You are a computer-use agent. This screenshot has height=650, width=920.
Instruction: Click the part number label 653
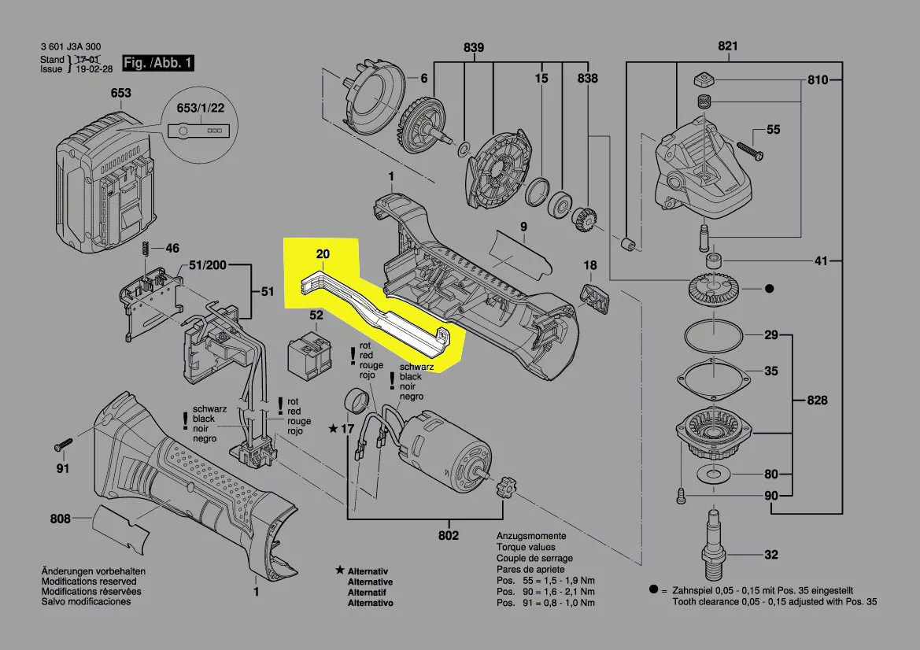click(120, 94)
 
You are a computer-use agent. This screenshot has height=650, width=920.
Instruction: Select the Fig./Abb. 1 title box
click(157, 63)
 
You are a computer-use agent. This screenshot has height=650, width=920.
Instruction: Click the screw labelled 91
click(62, 446)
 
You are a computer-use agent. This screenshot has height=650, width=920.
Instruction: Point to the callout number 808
click(61, 519)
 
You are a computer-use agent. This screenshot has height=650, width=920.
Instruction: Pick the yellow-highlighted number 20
click(323, 254)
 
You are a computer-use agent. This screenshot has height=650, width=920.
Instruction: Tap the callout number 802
click(449, 536)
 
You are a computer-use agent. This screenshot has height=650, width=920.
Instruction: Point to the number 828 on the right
click(818, 401)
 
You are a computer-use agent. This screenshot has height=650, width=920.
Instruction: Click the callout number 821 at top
click(728, 47)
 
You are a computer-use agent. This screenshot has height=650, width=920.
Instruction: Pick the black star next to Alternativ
click(339, 570)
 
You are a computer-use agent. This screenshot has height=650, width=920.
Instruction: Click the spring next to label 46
click(145, 248)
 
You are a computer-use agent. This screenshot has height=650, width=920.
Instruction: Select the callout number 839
click(473, 47)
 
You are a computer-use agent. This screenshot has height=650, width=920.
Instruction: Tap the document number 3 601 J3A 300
click(70, 48)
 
